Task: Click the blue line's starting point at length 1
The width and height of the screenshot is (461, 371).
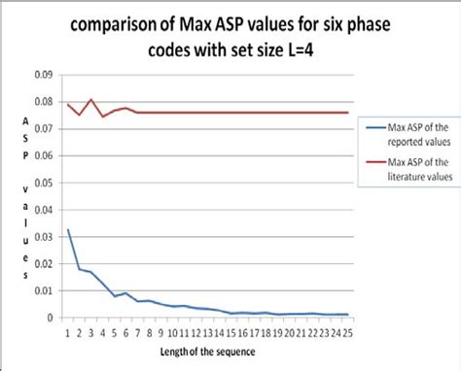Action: (x=68, y=229)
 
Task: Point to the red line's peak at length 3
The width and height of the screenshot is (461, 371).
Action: (x=90, y=99)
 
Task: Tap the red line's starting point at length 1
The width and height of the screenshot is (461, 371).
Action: (x=68, y=104)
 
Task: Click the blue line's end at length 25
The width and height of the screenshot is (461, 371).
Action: (x=346, y=315)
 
